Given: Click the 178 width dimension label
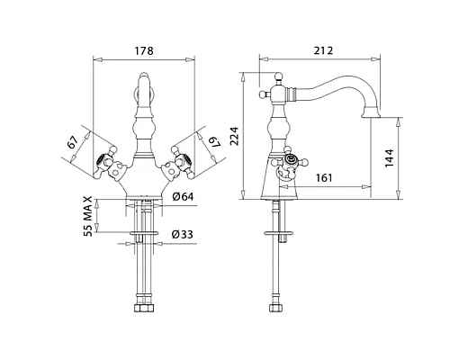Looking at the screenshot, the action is (144, 50).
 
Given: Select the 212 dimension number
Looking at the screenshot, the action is (323, 50).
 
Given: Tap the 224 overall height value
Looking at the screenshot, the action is (234, 136).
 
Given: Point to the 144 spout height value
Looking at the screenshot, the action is (389, 157).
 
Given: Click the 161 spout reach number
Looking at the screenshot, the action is (324, 178).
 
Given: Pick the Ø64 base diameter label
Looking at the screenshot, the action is (183, 197).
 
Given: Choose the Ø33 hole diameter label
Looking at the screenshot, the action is (183, 234).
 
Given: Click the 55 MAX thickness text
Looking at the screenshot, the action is (87, 216).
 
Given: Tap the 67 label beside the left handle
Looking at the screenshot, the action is (73, 142).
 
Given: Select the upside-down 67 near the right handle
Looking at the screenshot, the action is (214, 142).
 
